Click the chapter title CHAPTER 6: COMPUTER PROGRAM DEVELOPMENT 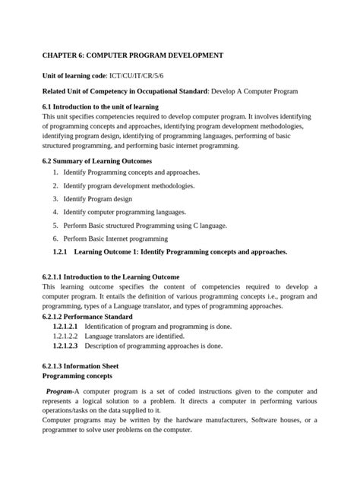pos(132,55)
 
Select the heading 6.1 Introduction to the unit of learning pos(99,106)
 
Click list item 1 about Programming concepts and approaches pos(131,172)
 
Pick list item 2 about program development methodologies pos(128,185)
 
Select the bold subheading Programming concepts pos(77,376)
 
